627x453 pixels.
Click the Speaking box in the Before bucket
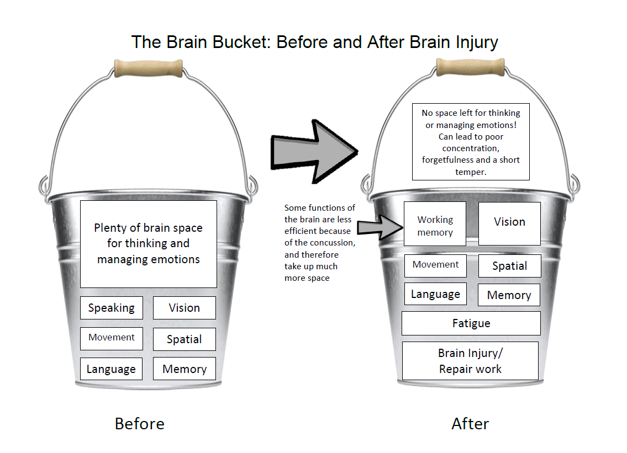(111, 308)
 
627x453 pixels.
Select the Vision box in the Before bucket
(184, 308)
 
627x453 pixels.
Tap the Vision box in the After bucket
(509, 223)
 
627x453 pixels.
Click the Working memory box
(435, 226)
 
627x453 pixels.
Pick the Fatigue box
(471, 323)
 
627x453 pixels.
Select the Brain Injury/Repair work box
(470, 361)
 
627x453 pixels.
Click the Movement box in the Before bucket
(111, 338)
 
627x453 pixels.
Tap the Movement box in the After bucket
(435, 265)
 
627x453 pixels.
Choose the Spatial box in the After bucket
(509, 266)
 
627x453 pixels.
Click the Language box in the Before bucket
(111, 369)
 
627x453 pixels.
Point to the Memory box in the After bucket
(509, 295)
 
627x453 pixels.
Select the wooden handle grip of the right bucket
(470, 67)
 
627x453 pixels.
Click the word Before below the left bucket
(139, 424)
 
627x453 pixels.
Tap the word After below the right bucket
(470, 424)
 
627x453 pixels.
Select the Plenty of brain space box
(148, 244)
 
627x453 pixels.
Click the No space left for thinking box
(471, 142)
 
